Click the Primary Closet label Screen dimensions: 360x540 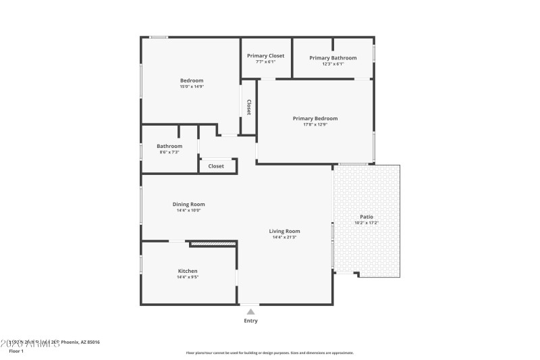(x=265, y=55)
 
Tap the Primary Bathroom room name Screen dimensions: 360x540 (x=333, y=57)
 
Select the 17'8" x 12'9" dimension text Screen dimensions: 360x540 (x=315, y=124)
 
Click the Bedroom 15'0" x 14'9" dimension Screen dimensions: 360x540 (x=191, y=86)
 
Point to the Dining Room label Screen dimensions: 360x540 (x=188, y=204)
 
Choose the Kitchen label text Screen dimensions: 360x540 (x=188, y=271)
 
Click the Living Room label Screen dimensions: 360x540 (x=284, y=231)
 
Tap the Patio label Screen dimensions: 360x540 (x=367, y=217)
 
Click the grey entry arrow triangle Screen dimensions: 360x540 (x=250, y=311)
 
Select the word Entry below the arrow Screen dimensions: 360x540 (x=250, y=321)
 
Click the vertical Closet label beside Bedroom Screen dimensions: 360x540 (x=248, y=107)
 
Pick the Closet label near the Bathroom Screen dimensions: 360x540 (x=216, y=165)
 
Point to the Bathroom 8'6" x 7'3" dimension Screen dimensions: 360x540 (x=169, y=152)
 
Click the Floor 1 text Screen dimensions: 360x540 (x=16, y=351)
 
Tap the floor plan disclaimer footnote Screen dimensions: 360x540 (x=269, y=353)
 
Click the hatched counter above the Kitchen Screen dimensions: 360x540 (x=213, y=242)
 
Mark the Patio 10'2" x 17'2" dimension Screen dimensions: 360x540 (x=367, y=223)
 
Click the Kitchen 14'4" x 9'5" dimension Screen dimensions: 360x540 (x=188, y=277)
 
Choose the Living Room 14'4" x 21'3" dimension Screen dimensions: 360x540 (x=284, y=237)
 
